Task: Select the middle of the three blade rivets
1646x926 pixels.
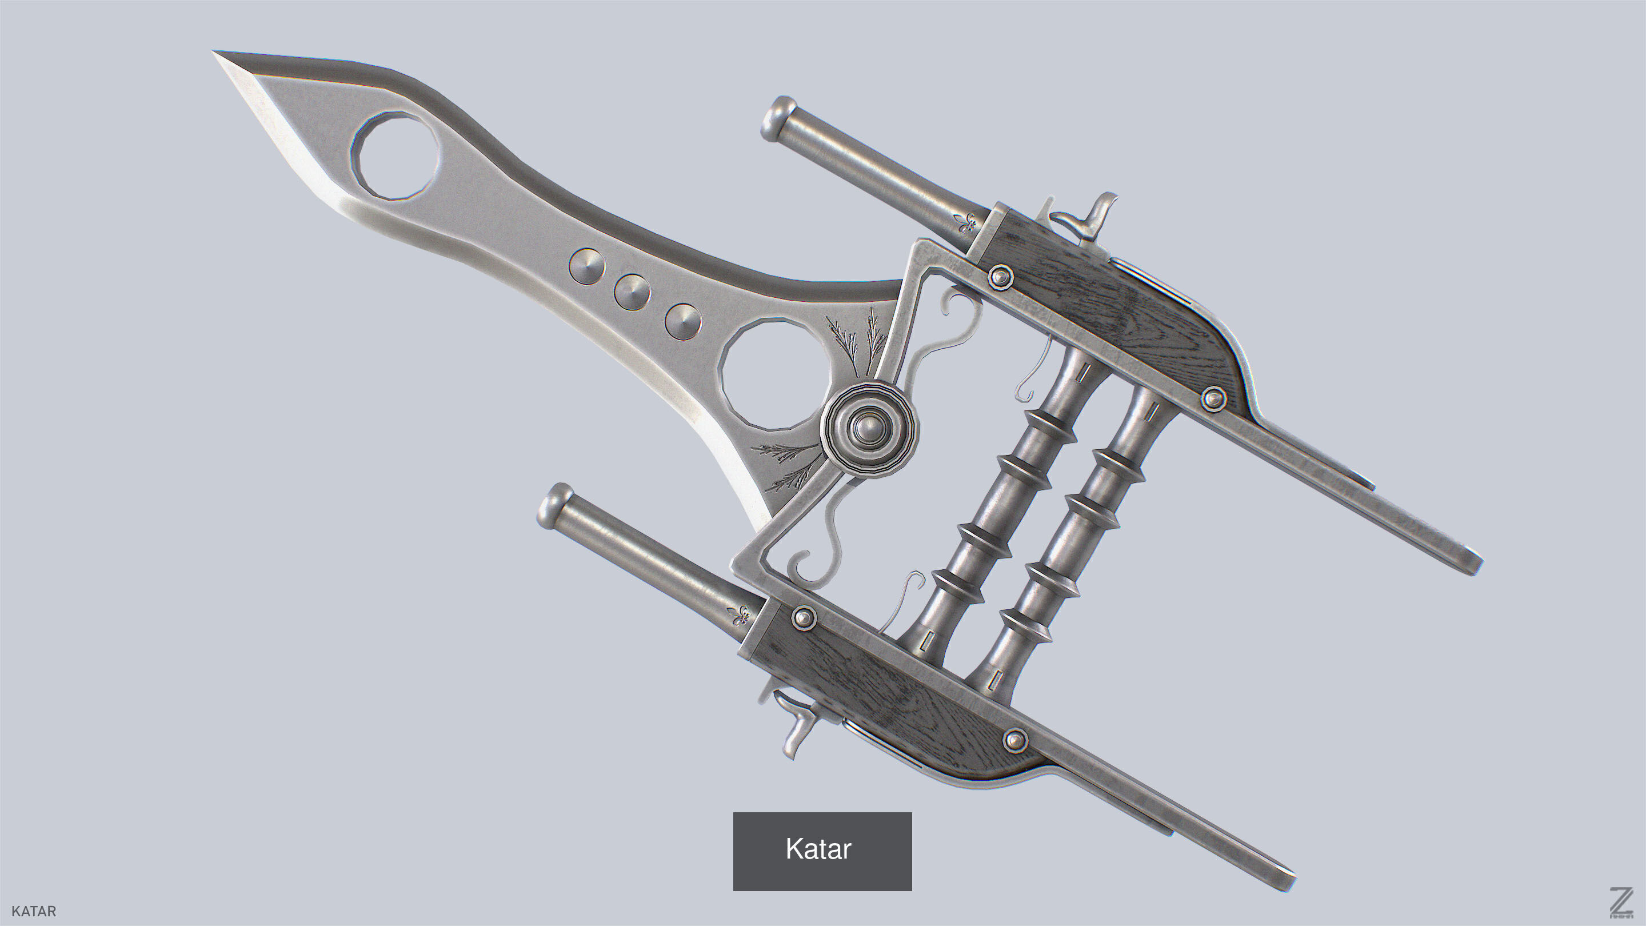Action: coord(632,293)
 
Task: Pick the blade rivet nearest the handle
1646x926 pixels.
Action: coord(682,321)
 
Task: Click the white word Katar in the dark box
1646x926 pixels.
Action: coord(818,849)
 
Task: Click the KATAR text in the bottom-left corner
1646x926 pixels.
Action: coord(34,911)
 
